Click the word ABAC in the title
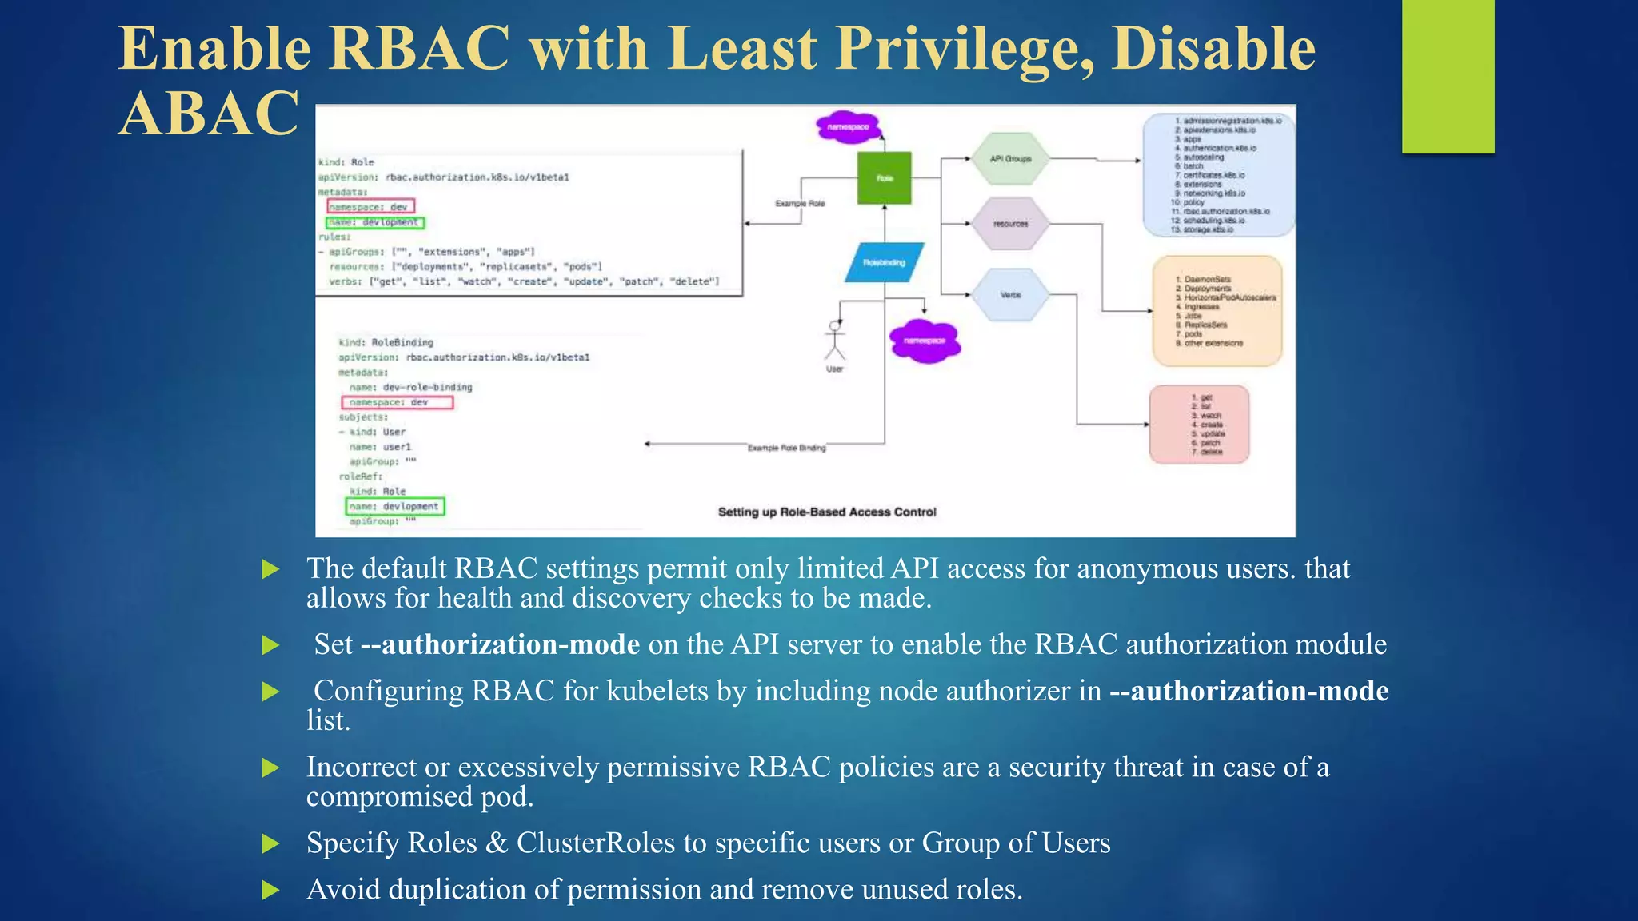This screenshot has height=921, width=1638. tap(210, 114)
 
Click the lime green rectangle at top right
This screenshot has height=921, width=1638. tap(1448, 76)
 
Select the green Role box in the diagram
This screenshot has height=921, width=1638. tap(884, 177)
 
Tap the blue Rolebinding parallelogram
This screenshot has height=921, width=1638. tap(885, 262)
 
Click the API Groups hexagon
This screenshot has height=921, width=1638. tap(1011, 159)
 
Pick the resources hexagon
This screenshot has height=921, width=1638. tap(1011, 224)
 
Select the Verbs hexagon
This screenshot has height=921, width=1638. tap(1011, 295)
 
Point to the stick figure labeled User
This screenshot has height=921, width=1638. tap(835, 342)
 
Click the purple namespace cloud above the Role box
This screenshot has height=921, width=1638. tap(849, 127)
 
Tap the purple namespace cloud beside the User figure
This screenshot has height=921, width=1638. tap(925, 341)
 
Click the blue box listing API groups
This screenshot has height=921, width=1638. tap(1218, 175)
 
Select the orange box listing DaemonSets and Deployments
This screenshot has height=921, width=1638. tap(1217, 311)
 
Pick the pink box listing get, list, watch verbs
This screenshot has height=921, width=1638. tap(1199, 425)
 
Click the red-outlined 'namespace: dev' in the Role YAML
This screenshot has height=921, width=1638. tap(370, 207)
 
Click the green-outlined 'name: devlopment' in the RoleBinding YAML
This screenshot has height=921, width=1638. tap(394, 506)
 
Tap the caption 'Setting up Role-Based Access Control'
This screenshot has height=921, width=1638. tap(827, 512)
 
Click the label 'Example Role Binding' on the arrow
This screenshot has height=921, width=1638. tap(786, 448)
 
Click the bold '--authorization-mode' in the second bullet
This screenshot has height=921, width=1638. tap(501, 644)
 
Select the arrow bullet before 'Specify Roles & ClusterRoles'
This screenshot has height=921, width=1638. tap(271, 843)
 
